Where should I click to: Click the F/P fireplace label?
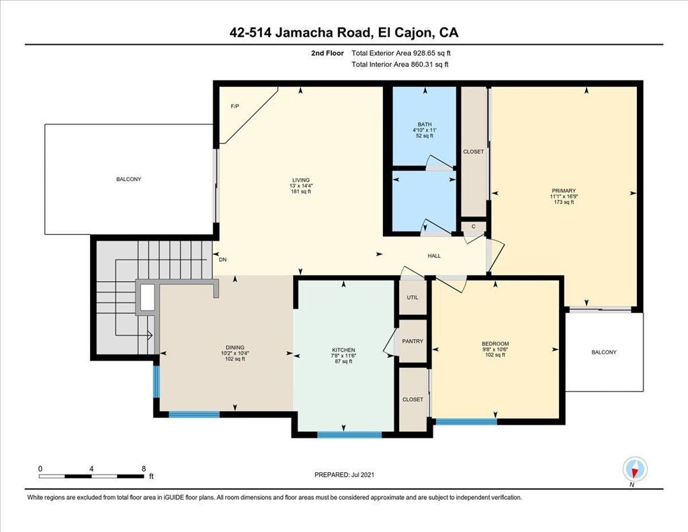pyautogui.click(x=235, y=106)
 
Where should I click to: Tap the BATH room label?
pyautogui.click(x=425, y=124)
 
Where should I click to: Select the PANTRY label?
pyautogui.click(x=413, y=341)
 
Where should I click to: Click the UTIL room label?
pyautogui.click(x=413, y=297)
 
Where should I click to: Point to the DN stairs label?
pyautogui.click(x=223, y=260)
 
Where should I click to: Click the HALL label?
pyautogui.click(x=434, y=256)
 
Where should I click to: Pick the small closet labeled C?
pyautogui.click(x=474, y=227)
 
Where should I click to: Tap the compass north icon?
pyautogui.click(x=635, y=469)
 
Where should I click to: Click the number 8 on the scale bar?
pyautogui.click(x=144, y=469)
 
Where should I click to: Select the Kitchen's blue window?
pyautogui.click(x=349, y=435)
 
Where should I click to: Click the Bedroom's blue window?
pyautogui.click(x=466, y=422)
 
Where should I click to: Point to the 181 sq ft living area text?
pyautogui.click(x=301, y=191)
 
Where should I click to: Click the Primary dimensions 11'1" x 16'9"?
pyautogui.click(x=564, y=196)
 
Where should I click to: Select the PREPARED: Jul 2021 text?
pyautogui.click(x=345, y=474)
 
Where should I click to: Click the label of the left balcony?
pyautogui.click(x=128, y=179)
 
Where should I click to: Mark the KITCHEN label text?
pyautogui.click(x=343, y=350)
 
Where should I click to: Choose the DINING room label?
pyautogui.click(x=234, y=348)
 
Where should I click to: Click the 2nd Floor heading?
pyautogui.click(x=327, y=53)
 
